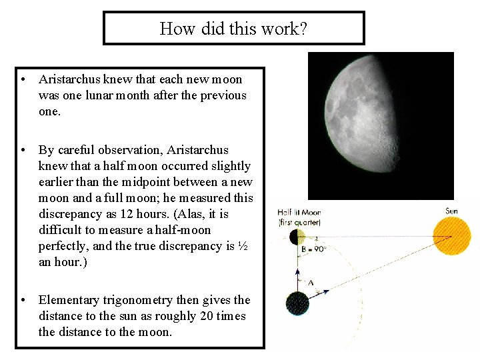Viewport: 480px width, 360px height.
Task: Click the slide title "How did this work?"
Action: tap(233, 29)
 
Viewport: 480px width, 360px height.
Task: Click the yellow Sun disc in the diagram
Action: tap(451, 236)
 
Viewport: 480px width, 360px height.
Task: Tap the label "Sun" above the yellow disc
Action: tap(451, 211)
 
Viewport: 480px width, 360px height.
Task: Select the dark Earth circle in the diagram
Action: tap(297, 303)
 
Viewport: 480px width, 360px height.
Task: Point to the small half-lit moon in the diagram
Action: tap(297, 236)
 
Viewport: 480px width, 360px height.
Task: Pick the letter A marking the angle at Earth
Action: tap(311, 283)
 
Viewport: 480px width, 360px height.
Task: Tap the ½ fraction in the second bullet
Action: tap(243, 246)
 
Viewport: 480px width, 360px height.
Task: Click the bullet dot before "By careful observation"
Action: tap(23, 150)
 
